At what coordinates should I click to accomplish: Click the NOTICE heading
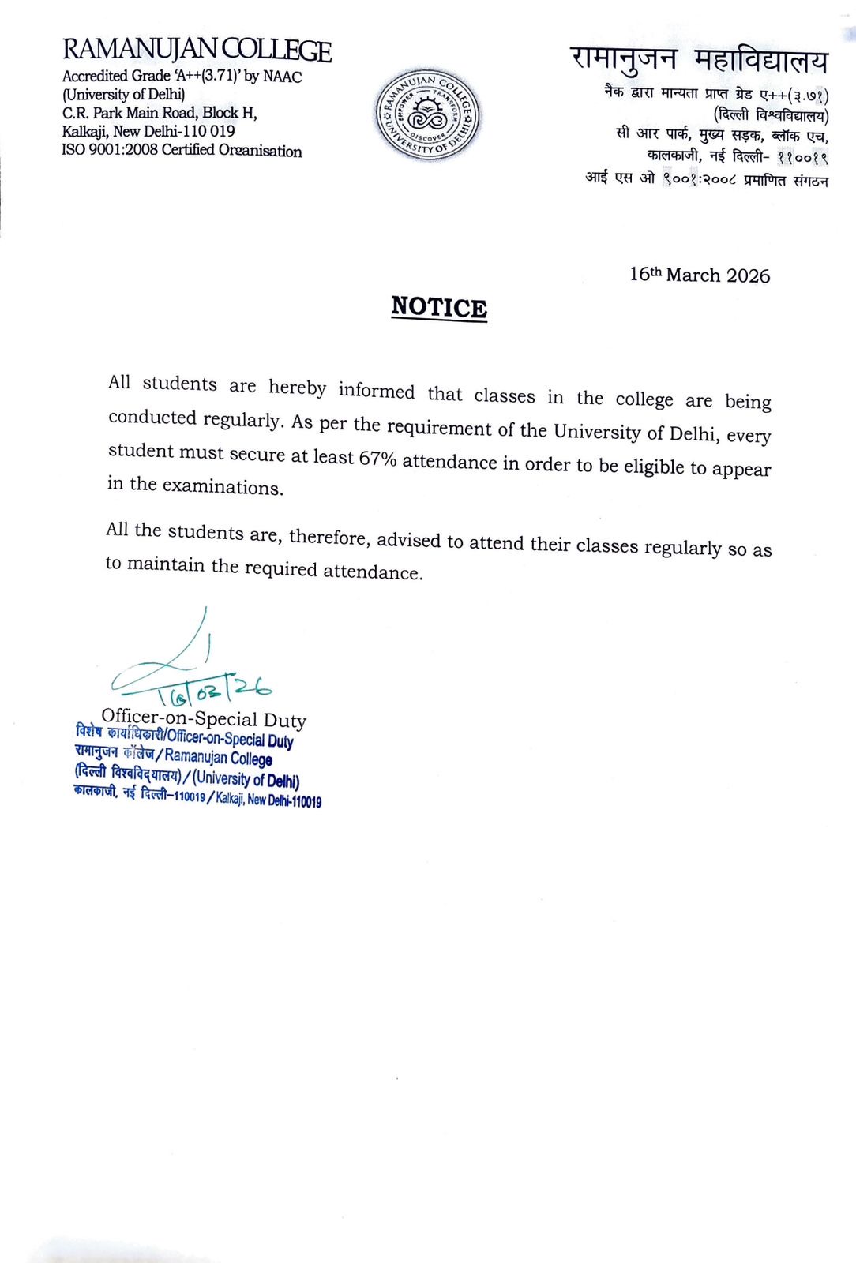click(439, 307)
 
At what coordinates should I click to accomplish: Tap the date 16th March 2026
click(699, 275)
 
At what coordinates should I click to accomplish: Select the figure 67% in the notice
click(377, 458)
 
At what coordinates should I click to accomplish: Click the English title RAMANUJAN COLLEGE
click(197, 51)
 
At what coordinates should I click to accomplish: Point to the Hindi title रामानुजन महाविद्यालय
click(699, 59)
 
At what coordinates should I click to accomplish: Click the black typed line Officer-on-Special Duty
click(204, 718)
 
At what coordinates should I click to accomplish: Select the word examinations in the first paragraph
click(222, 486)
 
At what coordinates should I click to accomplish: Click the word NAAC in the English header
click(282, 77)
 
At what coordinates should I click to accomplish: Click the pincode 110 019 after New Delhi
click(208, 131)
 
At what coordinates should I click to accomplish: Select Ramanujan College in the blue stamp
click(219, 758)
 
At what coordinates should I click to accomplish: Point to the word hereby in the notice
click(297, 388)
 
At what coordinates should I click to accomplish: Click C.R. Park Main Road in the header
click(130, 113)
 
